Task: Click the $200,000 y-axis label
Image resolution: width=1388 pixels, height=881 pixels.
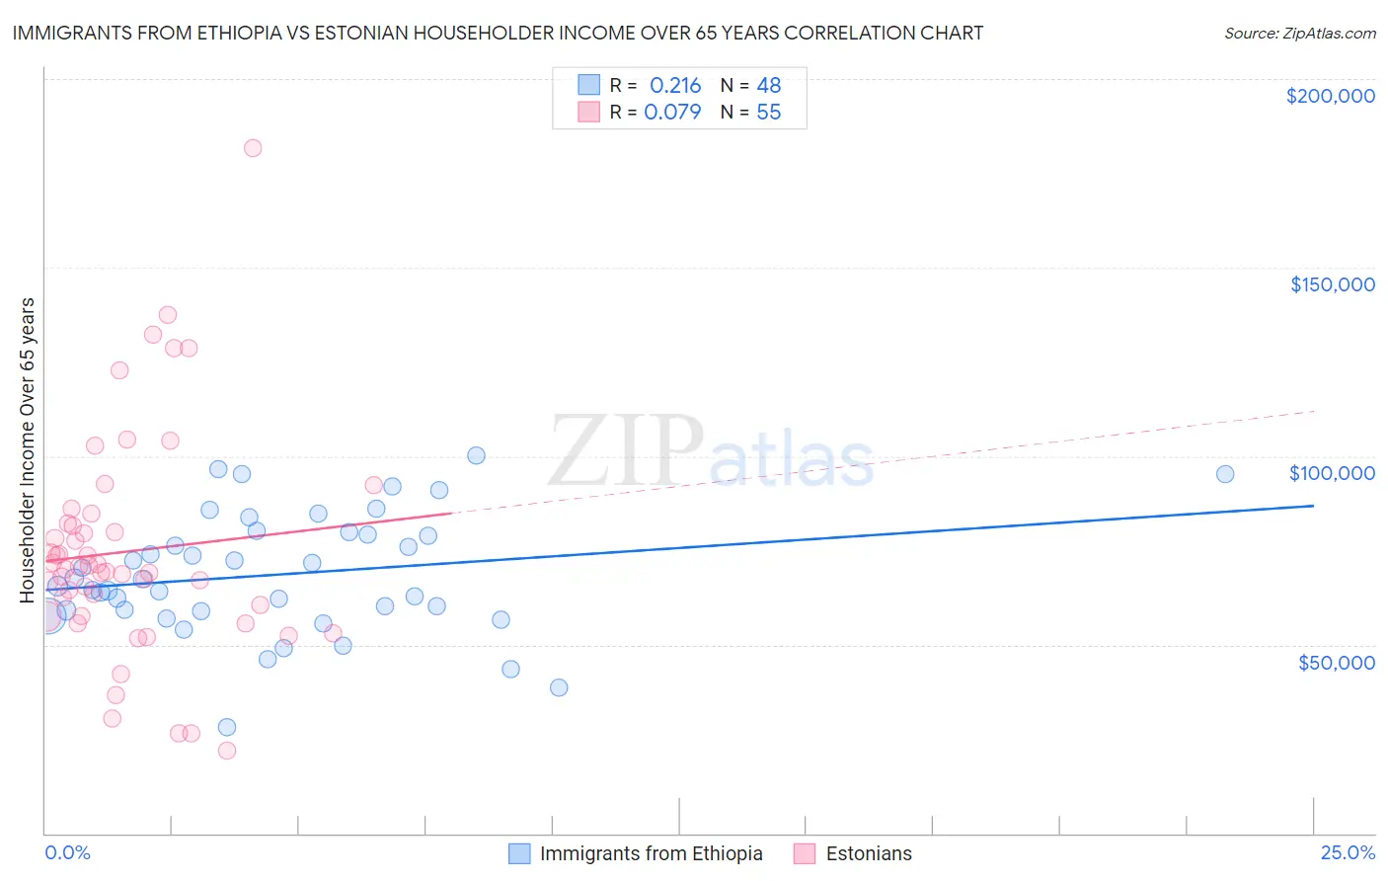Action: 1330,96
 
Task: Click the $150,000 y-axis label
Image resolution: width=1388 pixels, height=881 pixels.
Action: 1332,284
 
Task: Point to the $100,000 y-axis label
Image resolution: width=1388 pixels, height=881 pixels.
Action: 1332,473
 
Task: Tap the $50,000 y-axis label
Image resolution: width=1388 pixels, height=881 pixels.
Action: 1336,662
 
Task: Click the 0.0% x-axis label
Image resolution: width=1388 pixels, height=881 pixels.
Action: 67,852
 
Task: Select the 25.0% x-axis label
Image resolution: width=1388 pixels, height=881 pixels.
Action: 1348,852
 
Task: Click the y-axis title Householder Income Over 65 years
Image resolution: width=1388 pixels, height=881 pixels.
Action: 27,449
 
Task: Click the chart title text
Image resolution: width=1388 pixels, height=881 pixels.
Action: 498,33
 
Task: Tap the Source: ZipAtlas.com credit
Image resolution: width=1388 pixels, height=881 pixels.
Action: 1299,33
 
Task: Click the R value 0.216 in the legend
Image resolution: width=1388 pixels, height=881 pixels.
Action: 675,85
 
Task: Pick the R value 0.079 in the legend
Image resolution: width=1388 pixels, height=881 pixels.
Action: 672,112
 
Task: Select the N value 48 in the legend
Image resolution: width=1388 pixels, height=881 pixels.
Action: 769,85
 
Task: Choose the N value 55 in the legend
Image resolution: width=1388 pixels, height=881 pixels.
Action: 768,112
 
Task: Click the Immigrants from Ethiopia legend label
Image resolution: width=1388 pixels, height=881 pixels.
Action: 651,853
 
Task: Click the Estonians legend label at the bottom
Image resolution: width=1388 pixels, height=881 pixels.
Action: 869,853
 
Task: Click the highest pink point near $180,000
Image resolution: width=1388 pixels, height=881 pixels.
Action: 253,148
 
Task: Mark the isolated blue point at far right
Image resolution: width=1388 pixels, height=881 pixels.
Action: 1225,474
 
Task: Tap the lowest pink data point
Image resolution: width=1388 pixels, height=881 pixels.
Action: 227,751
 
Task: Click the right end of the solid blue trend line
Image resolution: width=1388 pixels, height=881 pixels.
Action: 1313,506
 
